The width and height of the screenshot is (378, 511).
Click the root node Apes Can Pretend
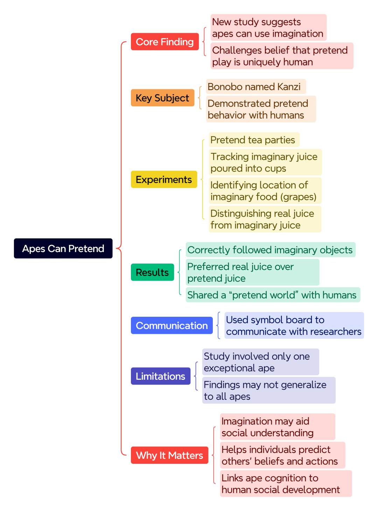(63, 248)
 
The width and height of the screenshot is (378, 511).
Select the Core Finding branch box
(164, 41)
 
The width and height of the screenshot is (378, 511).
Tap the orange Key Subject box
(162, 98)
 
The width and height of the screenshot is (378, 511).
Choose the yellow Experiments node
(164, 179)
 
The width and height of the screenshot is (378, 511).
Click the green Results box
(152, 272)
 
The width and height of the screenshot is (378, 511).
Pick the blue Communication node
(172, 325)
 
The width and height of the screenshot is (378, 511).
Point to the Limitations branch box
(160, 376)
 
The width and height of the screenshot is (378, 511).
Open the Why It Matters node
(169, 455)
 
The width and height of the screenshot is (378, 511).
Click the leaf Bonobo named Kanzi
(256, 86)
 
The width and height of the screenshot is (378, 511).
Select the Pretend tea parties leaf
(254, 140)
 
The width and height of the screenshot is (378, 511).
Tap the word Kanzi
(289, 87)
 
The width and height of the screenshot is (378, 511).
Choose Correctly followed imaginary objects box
(271, 250)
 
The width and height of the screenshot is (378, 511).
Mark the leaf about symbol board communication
(294, 325)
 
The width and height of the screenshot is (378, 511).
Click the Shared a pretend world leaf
(273, 295)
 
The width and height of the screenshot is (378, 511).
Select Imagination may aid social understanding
(278, 427)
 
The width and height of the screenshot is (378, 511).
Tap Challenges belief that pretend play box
(282, 56)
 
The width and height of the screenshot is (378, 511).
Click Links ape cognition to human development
(286, 483)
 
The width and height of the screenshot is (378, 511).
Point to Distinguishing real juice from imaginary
(265, 219)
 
